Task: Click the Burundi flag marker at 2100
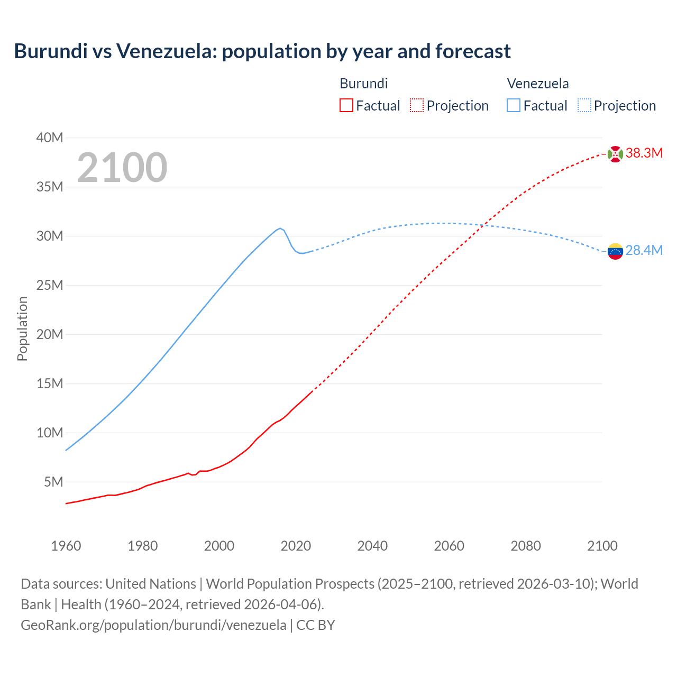(615, 154)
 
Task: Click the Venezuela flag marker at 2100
(615, 251)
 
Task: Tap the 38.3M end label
(644, 153)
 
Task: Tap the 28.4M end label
(644, 251)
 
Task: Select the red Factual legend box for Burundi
(346, 105)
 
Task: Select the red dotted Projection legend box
(417, 105)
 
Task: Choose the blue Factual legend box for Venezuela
(514, 105)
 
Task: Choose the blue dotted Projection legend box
(584, 105)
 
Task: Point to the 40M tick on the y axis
(50, 138)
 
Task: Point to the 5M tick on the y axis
(53, 482)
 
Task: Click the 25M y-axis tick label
(50, 286)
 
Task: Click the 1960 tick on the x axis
(66, 546)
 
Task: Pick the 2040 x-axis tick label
(372, 546)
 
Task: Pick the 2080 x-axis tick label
(526, 546)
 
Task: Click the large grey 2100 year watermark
(122, 168)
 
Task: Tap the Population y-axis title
(22, 328)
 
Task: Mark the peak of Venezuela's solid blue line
(280, 228)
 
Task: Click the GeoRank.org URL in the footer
(153, 625)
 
